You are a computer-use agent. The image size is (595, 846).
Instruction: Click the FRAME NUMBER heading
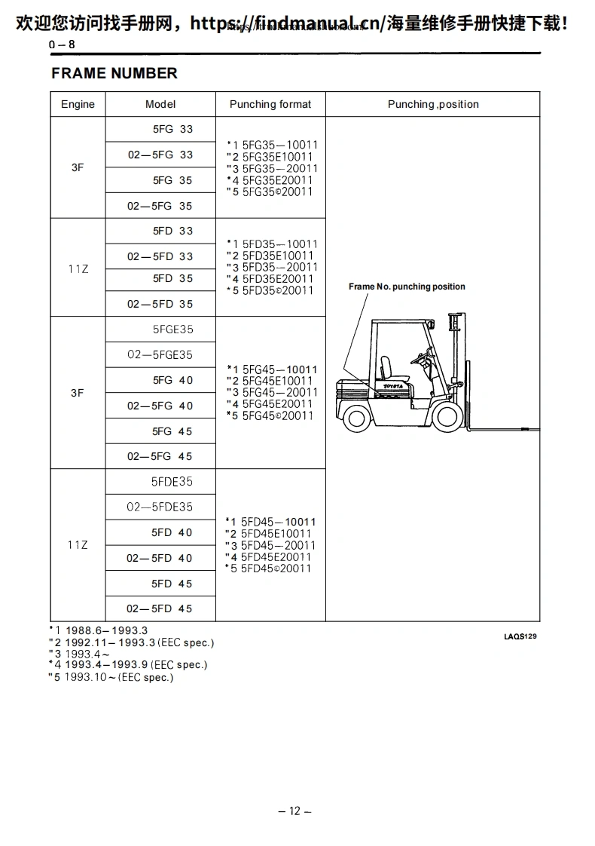pyautogui.click(x=114, y=73)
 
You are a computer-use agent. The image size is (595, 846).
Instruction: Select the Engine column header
pyautogui.click(x=78, y=104)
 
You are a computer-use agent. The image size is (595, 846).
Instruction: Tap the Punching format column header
pyautogui.click(x=270, y=104)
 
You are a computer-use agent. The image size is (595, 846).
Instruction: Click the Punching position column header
pyautogui.click(x=433, y=104)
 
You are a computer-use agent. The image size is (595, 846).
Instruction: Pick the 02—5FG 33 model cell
pyautogui.click(x=160, y=155)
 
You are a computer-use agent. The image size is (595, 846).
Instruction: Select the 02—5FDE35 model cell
pyautogui.click(x=160, y=507)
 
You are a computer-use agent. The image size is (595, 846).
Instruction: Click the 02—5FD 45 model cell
pyautogui.click(x=160, y=608)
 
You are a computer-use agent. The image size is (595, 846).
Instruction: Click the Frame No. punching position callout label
pyautogui.click(x=407, y=287)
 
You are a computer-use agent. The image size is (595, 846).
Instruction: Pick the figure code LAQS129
pyautogui.click(x=520, y=636)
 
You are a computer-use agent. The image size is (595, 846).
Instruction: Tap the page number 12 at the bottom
pyautogui.click(x=294, y=811)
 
